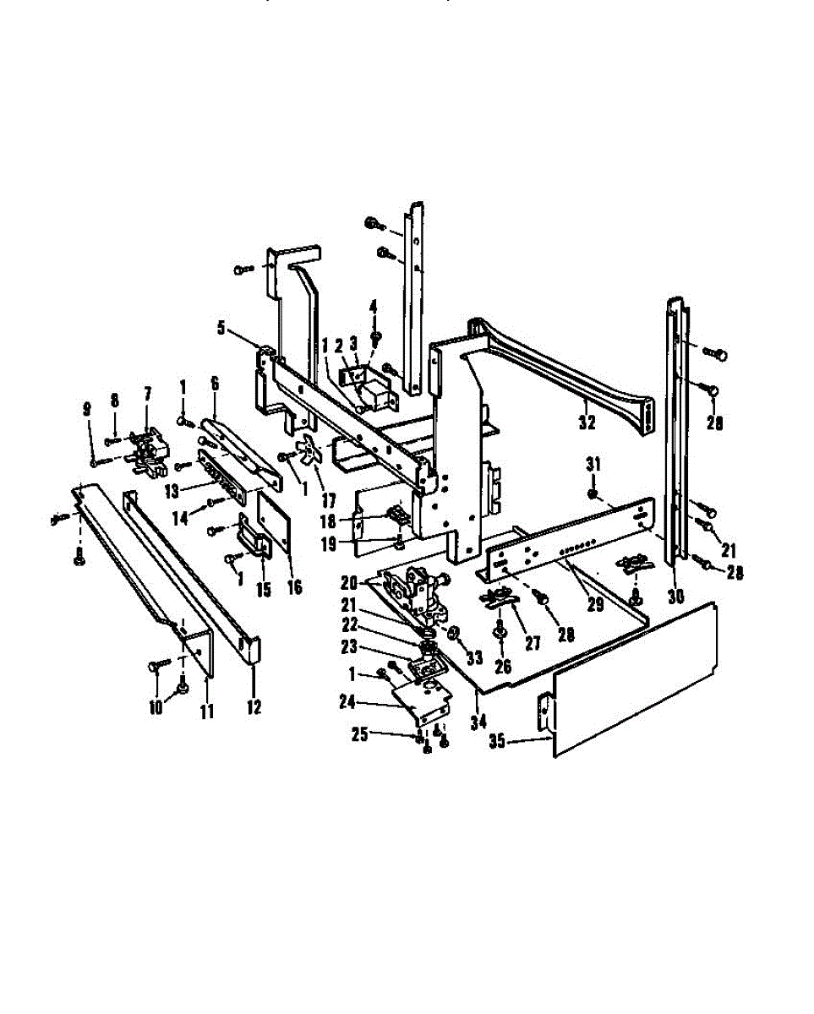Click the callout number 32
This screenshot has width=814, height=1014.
click(x=587, y=422)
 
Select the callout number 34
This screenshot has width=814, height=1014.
click(x=478, y=722)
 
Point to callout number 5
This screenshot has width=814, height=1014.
click(x=221, y=328)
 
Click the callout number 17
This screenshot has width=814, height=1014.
click(x=329, y=500)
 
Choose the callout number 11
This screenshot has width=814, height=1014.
click(x=207, y=711)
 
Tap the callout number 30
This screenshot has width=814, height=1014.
click(x=676, y=597)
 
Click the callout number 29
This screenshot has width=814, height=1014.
click(x=596, y=604)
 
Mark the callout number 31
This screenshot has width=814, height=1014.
click(x=593, y=465)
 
